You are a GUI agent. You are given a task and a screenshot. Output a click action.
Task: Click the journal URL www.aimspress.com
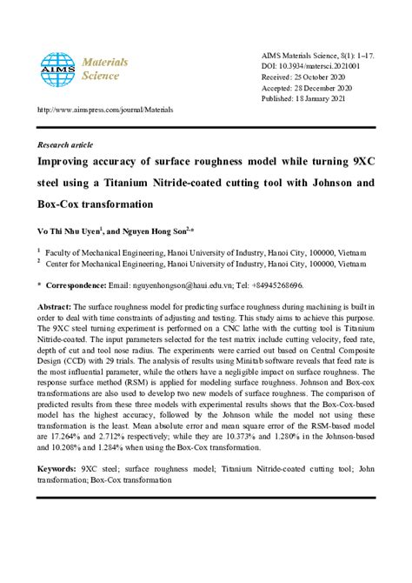(104, 111)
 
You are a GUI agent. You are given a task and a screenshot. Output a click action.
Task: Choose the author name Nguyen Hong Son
(156, 232)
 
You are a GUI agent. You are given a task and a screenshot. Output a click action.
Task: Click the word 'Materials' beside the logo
(104, 62)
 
